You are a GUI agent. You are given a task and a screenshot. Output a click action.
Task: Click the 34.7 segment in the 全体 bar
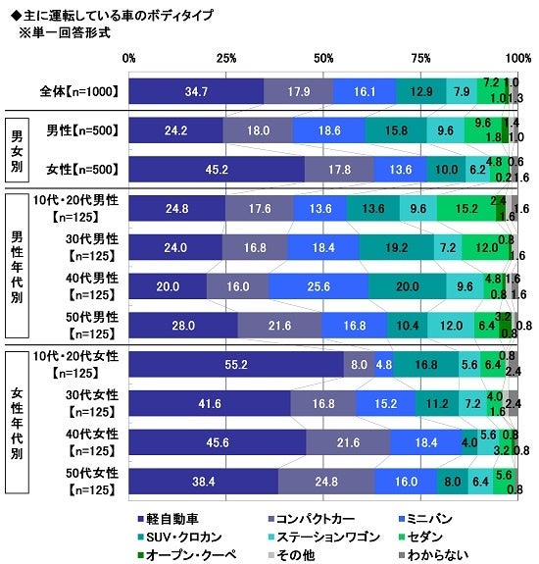point(196,91)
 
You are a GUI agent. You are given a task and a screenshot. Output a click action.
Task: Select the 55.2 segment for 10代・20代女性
point(235,364)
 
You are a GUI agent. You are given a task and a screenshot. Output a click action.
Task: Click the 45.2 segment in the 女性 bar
point(216,169)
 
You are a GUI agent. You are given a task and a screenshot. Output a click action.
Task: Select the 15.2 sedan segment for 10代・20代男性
point(465,208)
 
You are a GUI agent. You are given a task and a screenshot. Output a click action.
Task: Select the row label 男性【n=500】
point(82,129)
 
